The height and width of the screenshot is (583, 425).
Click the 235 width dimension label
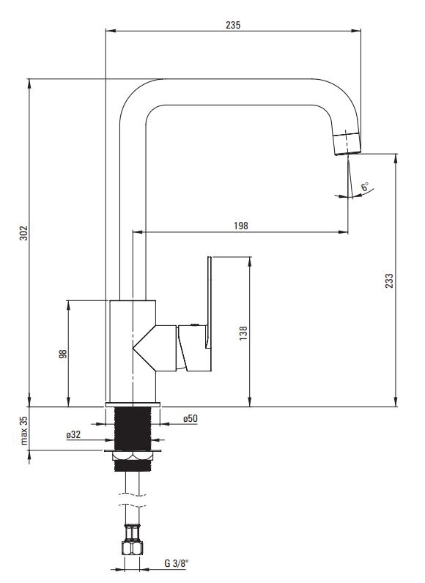[233, 25]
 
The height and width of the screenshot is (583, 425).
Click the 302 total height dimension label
[23, 233]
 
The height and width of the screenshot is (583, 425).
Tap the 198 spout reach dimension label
[241, 226]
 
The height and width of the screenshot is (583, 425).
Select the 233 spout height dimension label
[389, 281]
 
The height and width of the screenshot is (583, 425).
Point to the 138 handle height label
[243, 333]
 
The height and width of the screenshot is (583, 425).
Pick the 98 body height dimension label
[63, 353]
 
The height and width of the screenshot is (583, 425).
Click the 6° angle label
[365, 186]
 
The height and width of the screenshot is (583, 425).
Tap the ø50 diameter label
[191, 418]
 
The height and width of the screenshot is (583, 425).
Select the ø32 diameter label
[73, 434]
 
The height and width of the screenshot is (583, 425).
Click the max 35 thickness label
[23, 431]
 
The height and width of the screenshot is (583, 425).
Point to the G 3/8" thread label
[177, 563]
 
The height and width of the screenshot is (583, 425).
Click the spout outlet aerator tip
[347, 143]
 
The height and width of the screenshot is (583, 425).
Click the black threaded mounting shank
[133, 428]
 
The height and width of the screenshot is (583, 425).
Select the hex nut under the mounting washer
[133, 456]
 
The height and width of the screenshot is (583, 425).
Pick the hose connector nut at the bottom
[133, 548]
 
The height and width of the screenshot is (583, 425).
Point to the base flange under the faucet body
[133, 404]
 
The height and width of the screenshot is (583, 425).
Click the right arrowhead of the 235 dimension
[356, 31]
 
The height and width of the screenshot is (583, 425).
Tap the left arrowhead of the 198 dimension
[138, 232]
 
